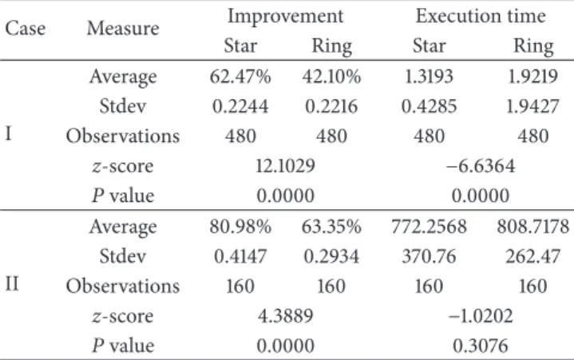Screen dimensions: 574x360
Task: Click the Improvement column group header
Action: pos(286,17)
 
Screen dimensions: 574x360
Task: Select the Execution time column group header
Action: pos(481,16)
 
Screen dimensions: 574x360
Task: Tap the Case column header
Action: pos(26,28)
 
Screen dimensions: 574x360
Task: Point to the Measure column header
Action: pos(123,28)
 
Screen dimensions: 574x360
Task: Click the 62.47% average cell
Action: pos(240,77)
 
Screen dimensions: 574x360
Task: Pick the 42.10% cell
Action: pos(331,77)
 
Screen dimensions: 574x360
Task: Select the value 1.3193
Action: pos(429,77)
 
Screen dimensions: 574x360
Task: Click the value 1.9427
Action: pos(532,106)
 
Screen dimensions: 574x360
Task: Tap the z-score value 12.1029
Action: pos(285,166)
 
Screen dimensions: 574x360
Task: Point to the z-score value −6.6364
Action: pos(481,166)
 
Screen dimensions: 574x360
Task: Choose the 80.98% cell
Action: pos(240,227)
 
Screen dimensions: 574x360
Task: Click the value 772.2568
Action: pos(429,227)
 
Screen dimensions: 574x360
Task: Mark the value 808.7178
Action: pos(532,227)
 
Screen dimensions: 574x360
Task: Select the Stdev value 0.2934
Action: pos(331,256)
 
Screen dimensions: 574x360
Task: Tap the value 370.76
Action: pos(429,256)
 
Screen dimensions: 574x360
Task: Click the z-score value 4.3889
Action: pos(286,316)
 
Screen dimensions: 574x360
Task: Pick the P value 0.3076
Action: pos(481,346)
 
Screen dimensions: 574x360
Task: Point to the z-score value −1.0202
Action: pos(481,316)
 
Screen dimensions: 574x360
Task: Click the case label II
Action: pos(12,284)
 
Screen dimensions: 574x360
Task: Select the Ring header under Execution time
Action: pos(533,47)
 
